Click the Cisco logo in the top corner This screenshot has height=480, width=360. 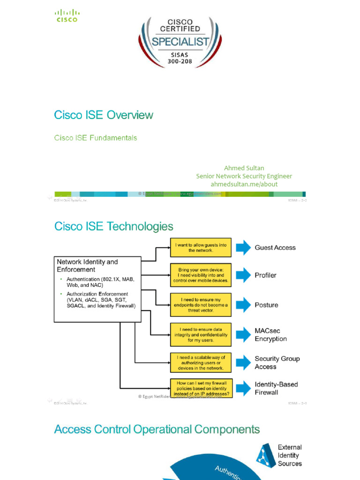[x=67, y=16]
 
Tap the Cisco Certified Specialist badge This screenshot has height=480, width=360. [x=180, y=42]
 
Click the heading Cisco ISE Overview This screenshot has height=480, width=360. [x=104, y=115]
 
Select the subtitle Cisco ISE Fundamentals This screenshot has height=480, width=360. [x=96, y=138]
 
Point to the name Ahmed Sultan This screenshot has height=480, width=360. [x=244, y=168]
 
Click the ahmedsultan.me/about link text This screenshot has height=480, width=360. [x=244, y=184]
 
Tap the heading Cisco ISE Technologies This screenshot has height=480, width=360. [x=114, y=226]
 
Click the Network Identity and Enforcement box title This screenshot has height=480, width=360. [x=87, y=266]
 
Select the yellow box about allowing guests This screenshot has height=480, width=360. [x=201, y=247]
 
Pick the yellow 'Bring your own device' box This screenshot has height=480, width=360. [x=201, y=275]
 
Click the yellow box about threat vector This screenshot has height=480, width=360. [x=201, y=305]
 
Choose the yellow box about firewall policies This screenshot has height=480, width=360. [x=201, y=389]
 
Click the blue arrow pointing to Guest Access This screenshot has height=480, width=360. [x=243, y=247]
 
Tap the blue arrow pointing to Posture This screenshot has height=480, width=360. [x=243, y=305]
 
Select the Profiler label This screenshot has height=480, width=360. [x=265, y=275]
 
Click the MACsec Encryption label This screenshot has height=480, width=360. [x=270, y=335]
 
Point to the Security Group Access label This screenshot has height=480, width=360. [x=277, y=362]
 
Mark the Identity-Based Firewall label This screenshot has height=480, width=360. [x=276, y=388]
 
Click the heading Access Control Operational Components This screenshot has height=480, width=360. [x=157, y=429]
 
